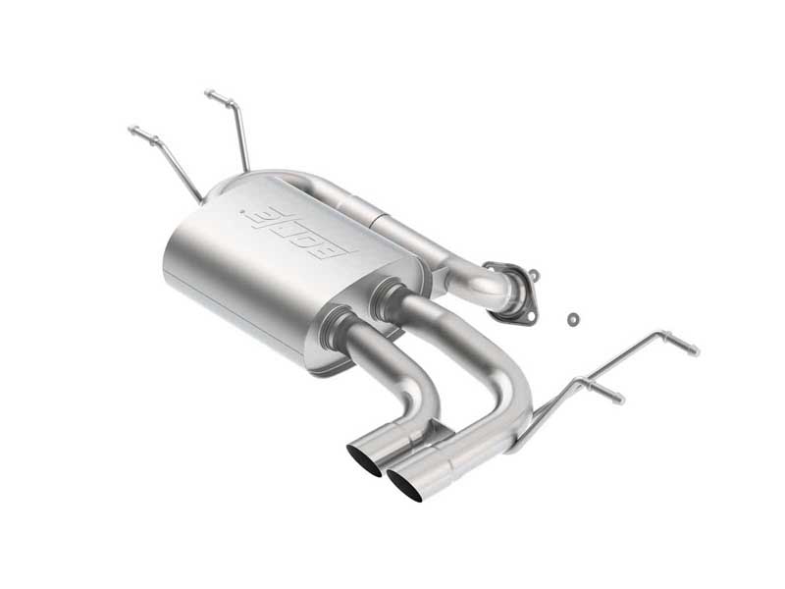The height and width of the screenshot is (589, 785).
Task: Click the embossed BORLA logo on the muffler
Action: click(300, 229)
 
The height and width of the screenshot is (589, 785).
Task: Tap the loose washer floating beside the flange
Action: click(571, 318)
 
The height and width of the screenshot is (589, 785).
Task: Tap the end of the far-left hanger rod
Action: click(132, 129)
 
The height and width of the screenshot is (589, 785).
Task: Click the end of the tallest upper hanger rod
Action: click(209, 94)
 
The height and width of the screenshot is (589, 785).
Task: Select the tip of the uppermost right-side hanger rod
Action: click(695, 350)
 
